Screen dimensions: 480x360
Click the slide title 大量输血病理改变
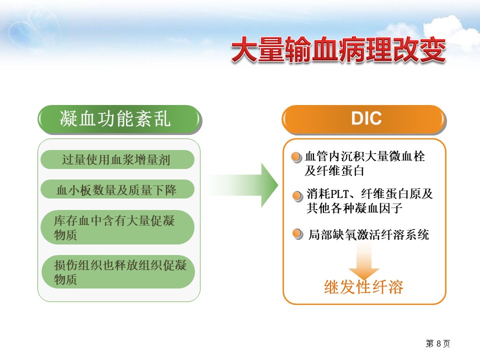tap(338, 50)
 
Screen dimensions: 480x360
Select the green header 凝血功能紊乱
tap(119, 119)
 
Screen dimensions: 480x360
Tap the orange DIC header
tap(363, 119)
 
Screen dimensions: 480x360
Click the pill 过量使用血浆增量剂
tap(117, 159)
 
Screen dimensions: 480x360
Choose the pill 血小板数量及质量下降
tap(117, 189)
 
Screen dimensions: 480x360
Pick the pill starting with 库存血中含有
tap(117, 227)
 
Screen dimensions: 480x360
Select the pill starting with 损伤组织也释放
tap(118, 272)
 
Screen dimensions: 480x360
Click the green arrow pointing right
tap(242, 185)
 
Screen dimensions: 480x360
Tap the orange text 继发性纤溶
tap(363, 287)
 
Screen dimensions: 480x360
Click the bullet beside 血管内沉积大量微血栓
tap(296, 157)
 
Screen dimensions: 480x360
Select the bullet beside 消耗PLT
tap(297, 196)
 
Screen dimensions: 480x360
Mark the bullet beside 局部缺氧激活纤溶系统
tap(297, 234)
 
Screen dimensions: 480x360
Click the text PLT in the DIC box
tap(340, 194)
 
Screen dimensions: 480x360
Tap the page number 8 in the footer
tap(438, 343)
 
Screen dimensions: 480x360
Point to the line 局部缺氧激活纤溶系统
tap(368, 235)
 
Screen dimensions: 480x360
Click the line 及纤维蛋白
tap(334, 171)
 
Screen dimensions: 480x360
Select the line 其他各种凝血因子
tap(354, 208)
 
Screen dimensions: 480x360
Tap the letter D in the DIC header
tap(357, 118)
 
